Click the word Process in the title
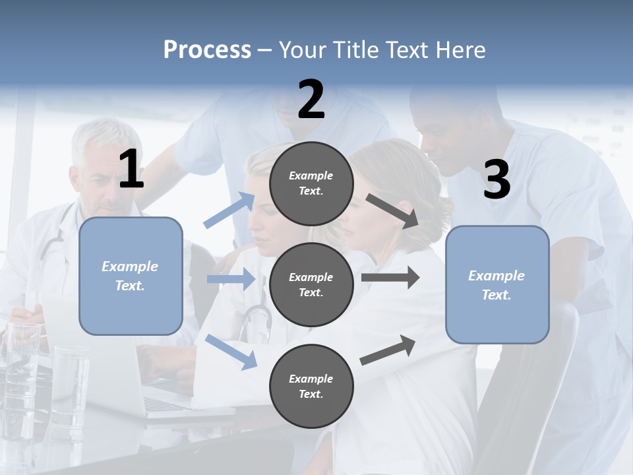(x=207, y=49)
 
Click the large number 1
(x=131, y=170)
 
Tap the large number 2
(x=311, y=100)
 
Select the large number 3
(x=497, y=180)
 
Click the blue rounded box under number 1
(x=131, y=276)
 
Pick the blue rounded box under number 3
(x=497, y=284)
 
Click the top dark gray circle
(x=311, y=183)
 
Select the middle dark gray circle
(x=311, y=284)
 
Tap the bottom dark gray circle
(x=311, y=386)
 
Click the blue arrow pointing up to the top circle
(x=229, y=210)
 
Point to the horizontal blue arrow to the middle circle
(x=231, y=279)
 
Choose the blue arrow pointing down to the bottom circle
(x=231, y=351)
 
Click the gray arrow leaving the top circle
(x=393, y=210)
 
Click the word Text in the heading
(x=408, y=49)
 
